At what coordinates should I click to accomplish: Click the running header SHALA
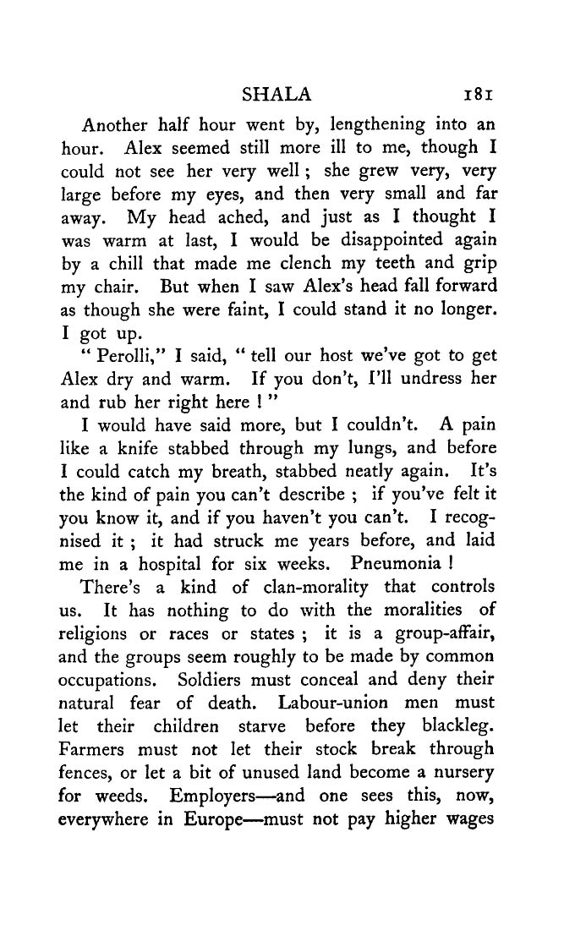point(277,93)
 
